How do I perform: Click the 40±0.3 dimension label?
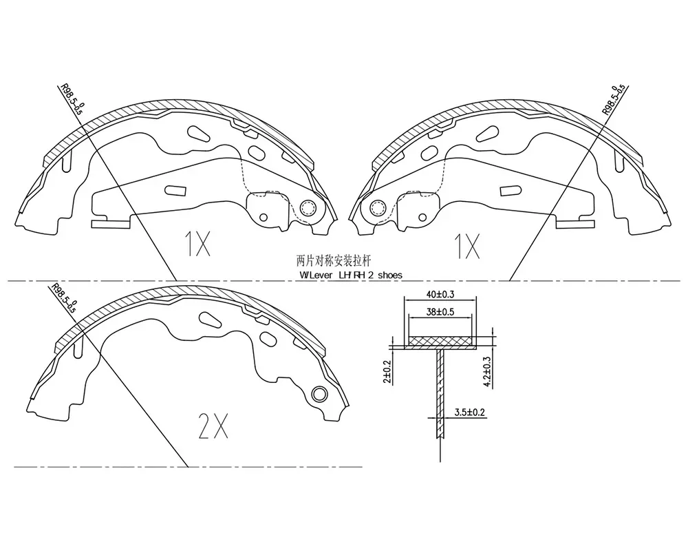pos(440,294)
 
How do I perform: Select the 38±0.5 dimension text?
pos(440,312)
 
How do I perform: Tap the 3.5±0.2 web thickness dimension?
pos(469,413)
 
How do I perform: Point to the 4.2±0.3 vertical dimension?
pos(487,372)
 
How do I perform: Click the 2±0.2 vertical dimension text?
pos(387,371)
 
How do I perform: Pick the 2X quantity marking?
pos(213,426)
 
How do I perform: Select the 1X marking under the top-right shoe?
pos(467,246)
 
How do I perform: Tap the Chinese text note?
pos(334,261)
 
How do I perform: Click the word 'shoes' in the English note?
pos(389,275)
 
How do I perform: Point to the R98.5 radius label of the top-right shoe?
pos(614,99)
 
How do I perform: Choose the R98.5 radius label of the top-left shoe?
pos(72,99)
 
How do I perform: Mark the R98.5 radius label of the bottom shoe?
pos(63,298)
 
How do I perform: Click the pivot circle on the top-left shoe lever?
pos(308,207)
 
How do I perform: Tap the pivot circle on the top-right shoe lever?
pos(377,207)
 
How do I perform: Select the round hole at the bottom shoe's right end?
pos(319,394)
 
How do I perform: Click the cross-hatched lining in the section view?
pos(440,341)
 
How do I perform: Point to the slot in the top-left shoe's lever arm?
pos(175,191)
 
